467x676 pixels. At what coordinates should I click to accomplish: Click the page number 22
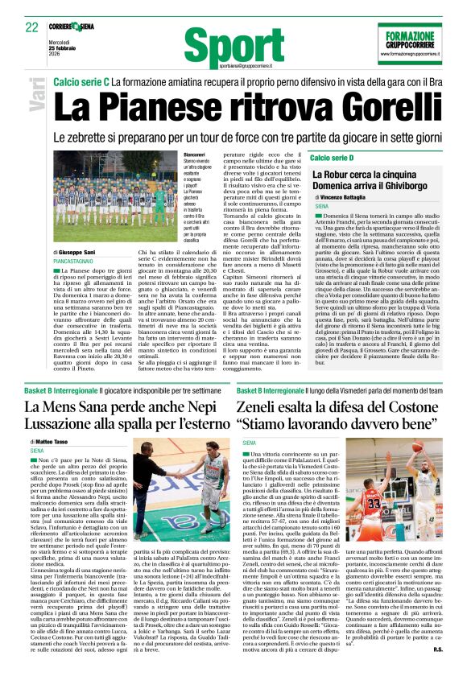point(31,27)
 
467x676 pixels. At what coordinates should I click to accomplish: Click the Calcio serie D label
point(332,158)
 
